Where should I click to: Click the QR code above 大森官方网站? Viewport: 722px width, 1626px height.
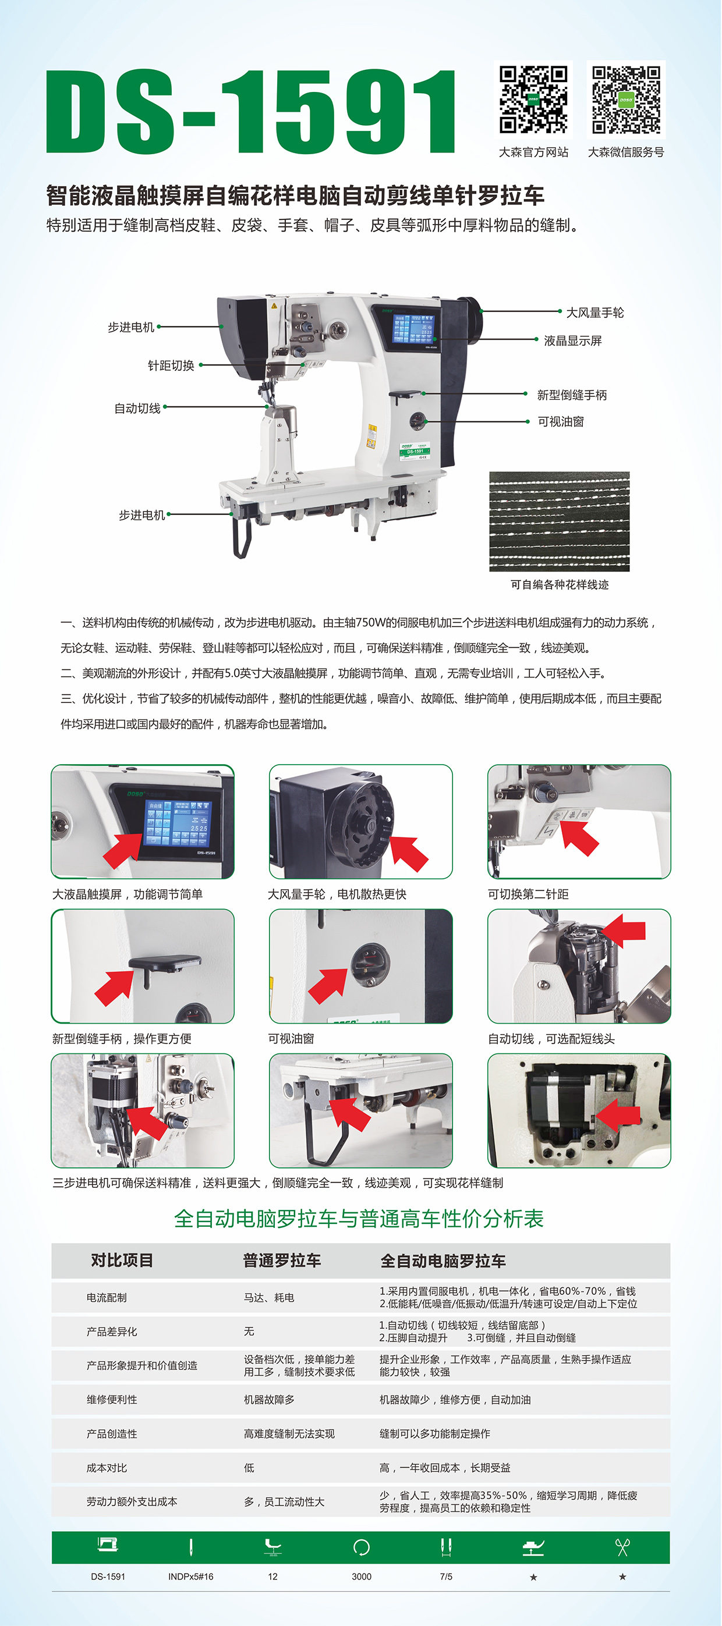pos(533,100)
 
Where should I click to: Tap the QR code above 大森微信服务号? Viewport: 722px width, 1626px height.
pos(626,100)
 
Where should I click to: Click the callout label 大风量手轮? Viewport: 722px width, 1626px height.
pos(594,313)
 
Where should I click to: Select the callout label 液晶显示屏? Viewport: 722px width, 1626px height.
pos(572,341)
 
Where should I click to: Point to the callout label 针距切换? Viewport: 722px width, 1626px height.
pos(171,365)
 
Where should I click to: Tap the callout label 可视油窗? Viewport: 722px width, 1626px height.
pos(560,422)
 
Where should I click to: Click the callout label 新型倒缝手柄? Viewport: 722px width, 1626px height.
pos(572,395)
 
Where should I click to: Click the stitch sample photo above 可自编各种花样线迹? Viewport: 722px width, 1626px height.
pos(559,521)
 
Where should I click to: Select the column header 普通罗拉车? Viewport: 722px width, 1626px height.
pos(282,1261)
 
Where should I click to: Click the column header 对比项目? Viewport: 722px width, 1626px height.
pos(122,1261)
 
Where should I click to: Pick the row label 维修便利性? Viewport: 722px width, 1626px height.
pos(112,1400)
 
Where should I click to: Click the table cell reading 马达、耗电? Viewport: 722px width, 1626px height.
pos(269,1298)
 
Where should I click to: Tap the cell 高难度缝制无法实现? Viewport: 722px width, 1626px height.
pos(289,1433)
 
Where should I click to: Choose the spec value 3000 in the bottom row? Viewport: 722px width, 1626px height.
pos(362,1576)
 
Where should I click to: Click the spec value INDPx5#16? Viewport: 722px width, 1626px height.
pos(191,1576)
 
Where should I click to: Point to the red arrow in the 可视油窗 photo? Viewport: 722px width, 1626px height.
pos(328,985)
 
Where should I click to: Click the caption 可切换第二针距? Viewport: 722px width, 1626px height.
pos(528,894)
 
